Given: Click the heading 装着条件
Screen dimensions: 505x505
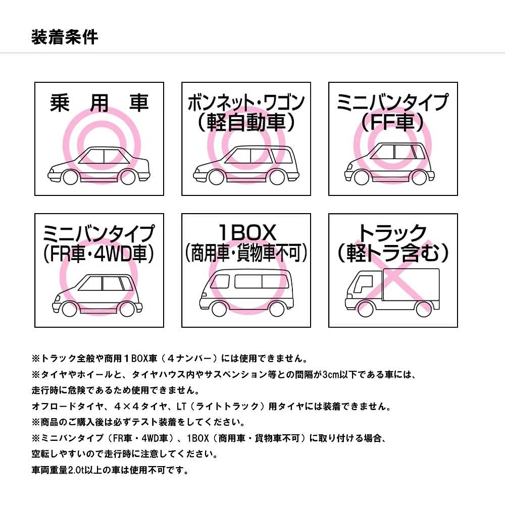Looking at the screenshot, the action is [65, 37].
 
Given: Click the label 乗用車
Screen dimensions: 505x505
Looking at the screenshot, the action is [99, 103].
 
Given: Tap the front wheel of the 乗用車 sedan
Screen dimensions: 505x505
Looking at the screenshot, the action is [70, 177].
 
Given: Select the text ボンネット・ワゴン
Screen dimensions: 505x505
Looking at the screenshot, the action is [246, 103].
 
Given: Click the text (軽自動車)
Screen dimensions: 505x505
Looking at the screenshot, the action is [246, 123].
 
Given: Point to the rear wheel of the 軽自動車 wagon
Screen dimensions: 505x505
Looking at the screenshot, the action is [277, 178].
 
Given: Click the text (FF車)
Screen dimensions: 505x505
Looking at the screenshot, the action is [392, 122].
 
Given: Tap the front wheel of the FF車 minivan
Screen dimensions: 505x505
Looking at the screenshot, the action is [361, 177].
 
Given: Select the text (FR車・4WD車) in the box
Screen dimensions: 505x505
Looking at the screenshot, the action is [99, 254].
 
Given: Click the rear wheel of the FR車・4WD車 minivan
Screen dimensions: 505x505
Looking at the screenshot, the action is [127, 309].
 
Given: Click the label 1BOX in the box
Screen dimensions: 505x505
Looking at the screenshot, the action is [247, 232].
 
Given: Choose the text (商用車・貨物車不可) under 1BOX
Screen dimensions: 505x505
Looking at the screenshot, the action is [246, 253].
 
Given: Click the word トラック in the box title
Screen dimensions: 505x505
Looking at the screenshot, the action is [392, 233].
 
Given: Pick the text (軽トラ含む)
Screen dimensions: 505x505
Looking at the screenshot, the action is [393, 253].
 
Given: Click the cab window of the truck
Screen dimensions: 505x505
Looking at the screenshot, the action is [363, 284].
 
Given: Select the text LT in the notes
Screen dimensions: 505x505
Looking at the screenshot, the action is [181, 407].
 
